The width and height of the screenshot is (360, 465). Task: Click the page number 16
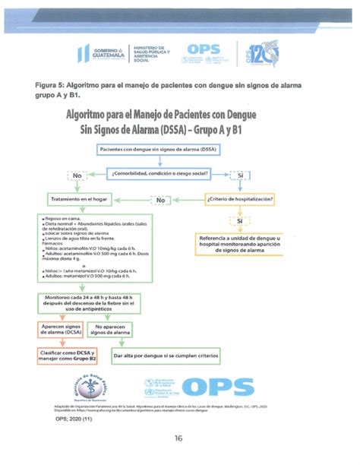tap(178, 438)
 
